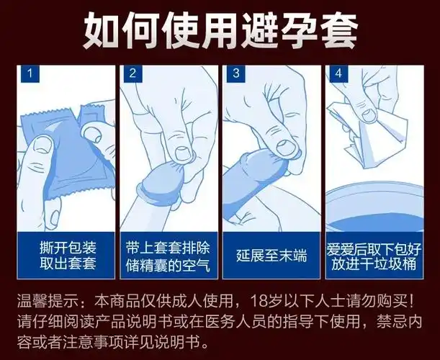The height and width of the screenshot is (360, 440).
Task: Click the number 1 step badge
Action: pyautogui.click(x=29, y=73)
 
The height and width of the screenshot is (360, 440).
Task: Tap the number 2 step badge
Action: pyautogui.click(x=133, y=73)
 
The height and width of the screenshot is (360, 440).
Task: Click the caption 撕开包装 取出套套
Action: pyautogui.click(x=66, y=254)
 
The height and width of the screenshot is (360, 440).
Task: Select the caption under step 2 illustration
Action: pyautogui.click(x=169, y=254)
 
